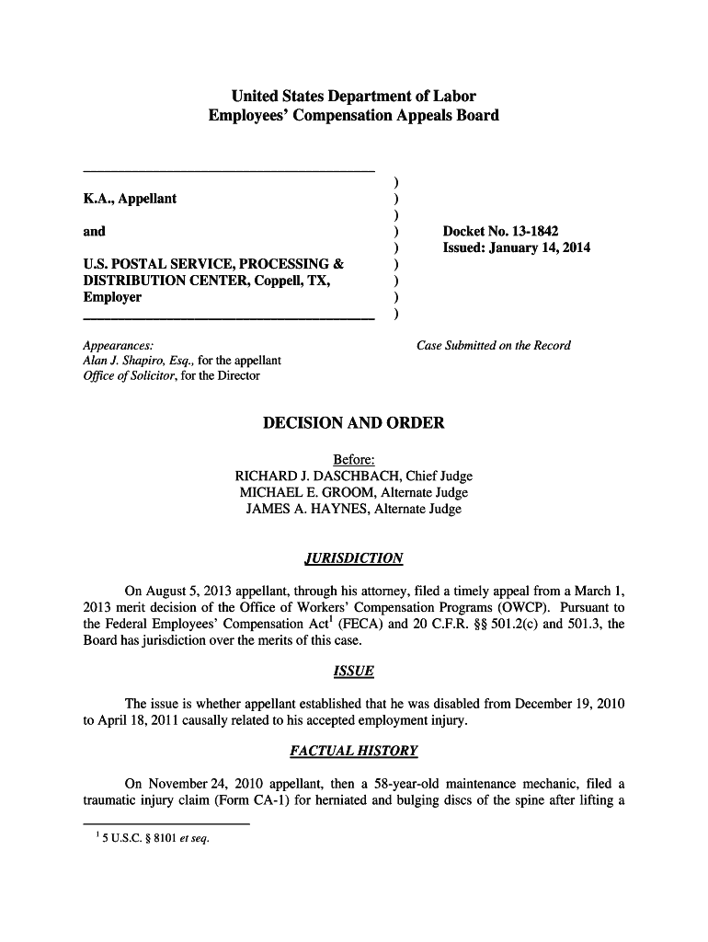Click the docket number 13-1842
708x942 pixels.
point(531,231)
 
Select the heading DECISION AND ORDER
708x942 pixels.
point(354,423)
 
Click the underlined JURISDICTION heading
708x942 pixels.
point(354,558)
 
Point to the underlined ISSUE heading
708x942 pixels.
point(354,671)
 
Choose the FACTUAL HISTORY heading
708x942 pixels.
point(354,752)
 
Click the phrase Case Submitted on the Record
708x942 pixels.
point(494,346)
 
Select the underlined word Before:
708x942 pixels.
point(354,460)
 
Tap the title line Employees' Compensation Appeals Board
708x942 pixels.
point(354,116)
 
